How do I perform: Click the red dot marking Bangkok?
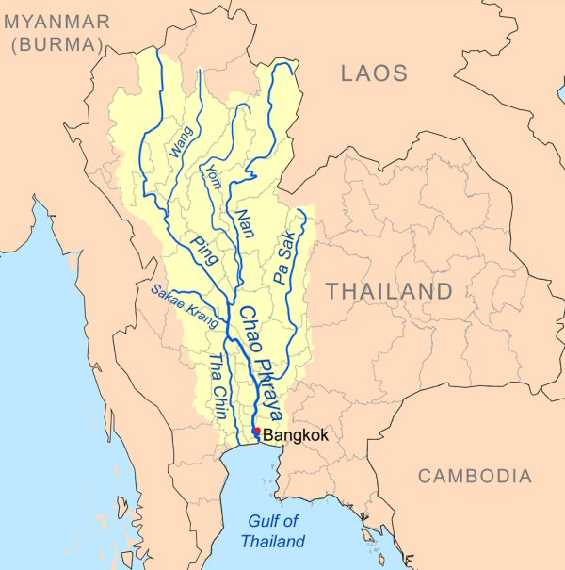257,432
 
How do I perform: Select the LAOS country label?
374,73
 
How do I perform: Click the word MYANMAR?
56,21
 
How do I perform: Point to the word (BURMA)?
57,44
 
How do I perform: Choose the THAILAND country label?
389,291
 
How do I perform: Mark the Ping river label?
203,253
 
